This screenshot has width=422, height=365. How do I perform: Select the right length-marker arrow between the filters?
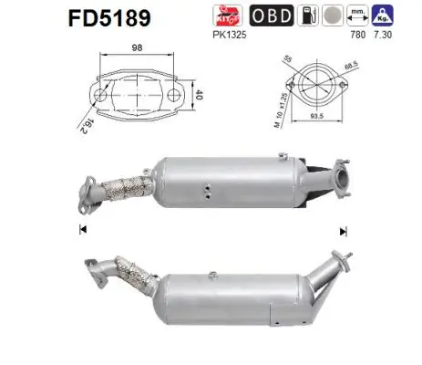pos(344,229)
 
